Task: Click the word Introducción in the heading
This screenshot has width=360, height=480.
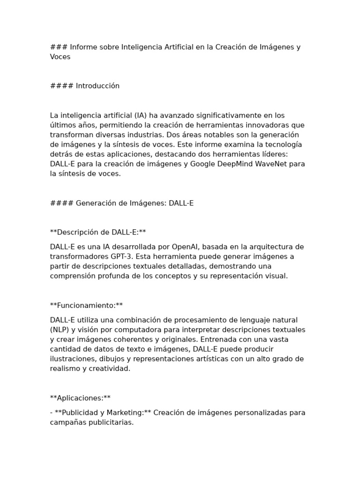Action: coord(97,86)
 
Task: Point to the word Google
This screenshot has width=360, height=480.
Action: coord(203,164)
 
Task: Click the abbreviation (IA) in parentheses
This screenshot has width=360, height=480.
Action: coord(140,115)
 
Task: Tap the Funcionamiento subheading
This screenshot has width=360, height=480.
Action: coord(86,305)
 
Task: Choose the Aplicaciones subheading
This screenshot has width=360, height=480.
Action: coord(80,398)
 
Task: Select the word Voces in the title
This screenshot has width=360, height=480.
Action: coord(60,57)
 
